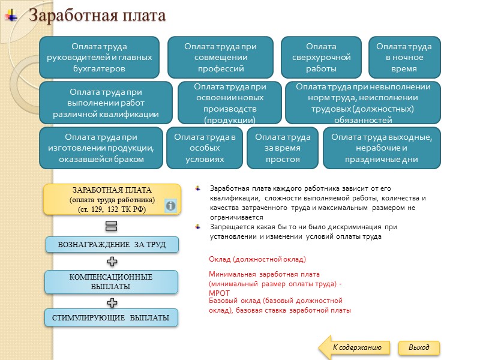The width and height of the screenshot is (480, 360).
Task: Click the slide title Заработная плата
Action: click(x=97, y=16)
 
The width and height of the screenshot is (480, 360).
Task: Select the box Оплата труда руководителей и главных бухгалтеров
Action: click(x=99, y=58)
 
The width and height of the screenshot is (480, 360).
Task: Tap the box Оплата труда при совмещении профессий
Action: click(x=220, y=58)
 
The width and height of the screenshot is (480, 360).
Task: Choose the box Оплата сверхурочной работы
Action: click(x=321, y=58)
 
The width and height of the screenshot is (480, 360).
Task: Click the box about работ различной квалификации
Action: click(x=106, y=103)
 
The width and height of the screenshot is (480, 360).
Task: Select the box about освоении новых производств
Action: click(x=230, y=103)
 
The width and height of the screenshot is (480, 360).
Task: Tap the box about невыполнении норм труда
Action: click(x=363, y=103)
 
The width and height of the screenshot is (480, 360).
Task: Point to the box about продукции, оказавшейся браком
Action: click(x=101, y=148)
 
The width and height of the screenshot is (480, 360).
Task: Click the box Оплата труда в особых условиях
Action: click(x=205, y=148)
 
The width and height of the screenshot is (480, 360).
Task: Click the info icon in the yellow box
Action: click(x=170, y=206)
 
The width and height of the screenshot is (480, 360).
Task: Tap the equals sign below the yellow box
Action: click(x=111, y=226)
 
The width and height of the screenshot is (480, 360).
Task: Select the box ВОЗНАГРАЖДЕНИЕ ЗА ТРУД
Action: click(x=112, y=245)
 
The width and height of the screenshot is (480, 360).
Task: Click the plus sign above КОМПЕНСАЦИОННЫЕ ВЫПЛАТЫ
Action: click(x=112, y=262)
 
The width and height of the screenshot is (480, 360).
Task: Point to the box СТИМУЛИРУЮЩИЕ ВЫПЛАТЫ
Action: click(x=112, y=317)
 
